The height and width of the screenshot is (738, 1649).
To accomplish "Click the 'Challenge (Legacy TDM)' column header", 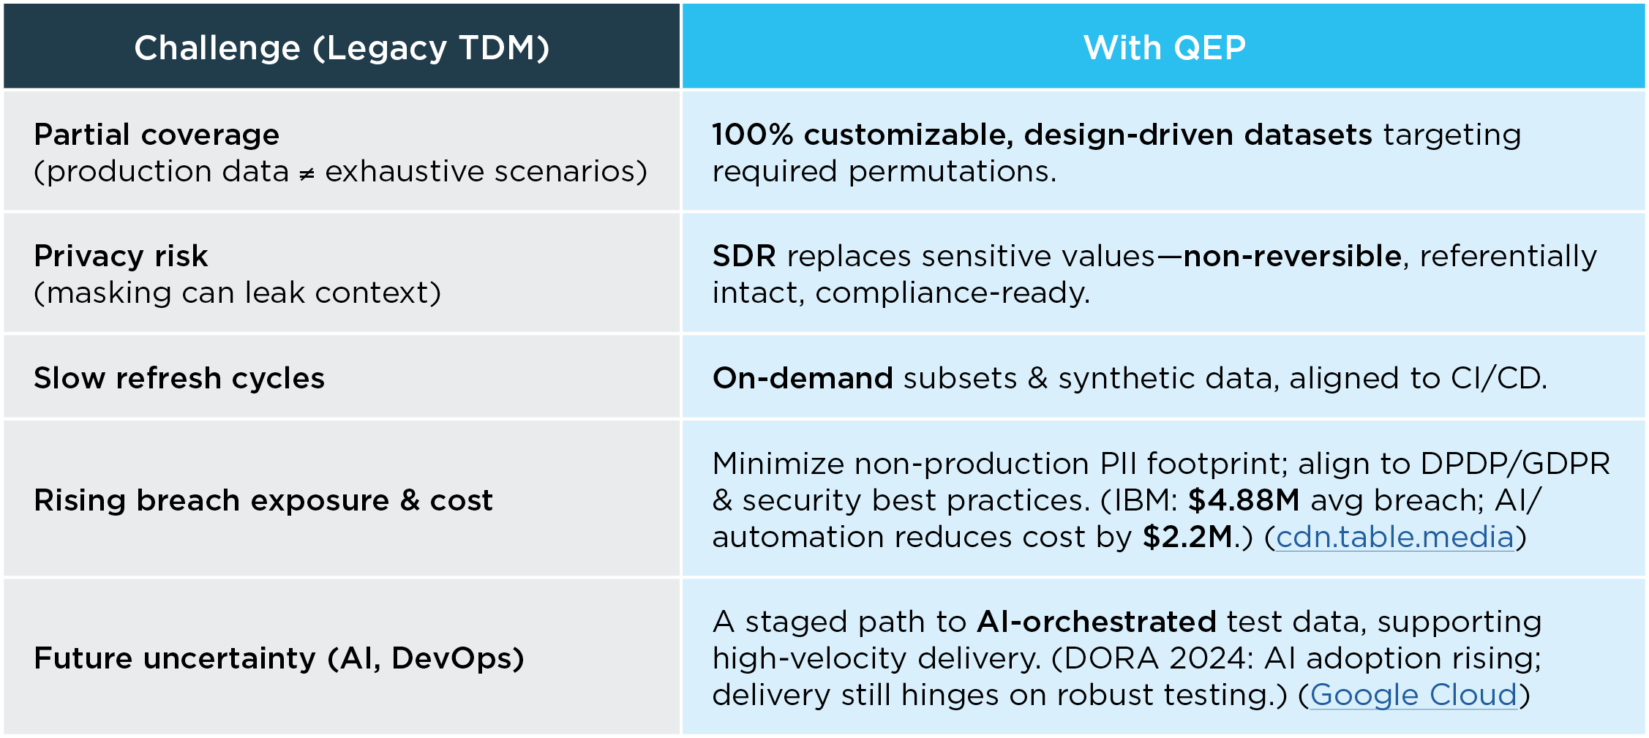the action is tap(342, 48).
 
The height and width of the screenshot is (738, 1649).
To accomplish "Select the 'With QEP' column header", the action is tap(1165, 48).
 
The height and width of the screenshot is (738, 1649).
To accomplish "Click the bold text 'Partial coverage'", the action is tap(157, 135).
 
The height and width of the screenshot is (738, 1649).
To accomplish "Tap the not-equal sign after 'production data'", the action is tap(307, 173).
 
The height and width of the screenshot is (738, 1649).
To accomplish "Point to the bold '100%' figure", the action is tap(753, 135).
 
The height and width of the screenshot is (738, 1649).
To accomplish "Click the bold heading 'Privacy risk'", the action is tap(121, 257).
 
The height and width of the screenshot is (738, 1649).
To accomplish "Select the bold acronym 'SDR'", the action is tap(744, 256).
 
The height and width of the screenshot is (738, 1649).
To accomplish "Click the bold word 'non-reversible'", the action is tap(1293, 256).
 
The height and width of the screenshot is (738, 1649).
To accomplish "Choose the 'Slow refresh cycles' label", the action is tap(179, 378).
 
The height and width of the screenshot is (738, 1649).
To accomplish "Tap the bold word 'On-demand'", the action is tap(803, 378).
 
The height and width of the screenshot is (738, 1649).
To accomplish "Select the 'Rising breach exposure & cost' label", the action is tap(263, 500).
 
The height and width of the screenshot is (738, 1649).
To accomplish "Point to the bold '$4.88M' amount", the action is tap(1244, 500).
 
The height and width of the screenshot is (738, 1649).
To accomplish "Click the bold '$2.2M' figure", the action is tap(1188, 537).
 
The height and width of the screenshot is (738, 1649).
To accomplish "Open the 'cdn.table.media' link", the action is tap(1395, 538).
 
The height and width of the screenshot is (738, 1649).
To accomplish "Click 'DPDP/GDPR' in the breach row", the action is tap(1515, 464).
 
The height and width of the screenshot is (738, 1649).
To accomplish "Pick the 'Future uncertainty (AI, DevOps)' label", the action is tap(279, 658).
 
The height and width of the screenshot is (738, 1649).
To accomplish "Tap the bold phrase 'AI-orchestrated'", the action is tap(1097, 622).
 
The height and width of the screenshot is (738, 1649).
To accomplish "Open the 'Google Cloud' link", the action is tap(1413, 695).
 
